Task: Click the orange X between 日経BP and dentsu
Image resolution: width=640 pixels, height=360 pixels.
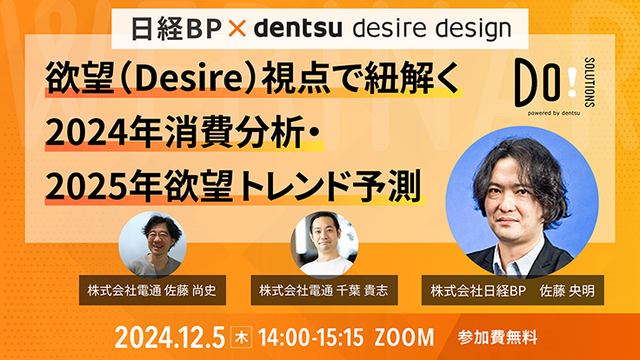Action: click(x=237, y=29)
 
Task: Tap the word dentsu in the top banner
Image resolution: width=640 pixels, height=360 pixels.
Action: click(x=297, y=29)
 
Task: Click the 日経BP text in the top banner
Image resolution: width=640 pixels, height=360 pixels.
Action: click(x=177, y=29)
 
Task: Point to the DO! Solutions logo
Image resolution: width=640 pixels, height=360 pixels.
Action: click(x=555, y=87)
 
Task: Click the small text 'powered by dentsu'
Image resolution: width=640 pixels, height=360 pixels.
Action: click(x=553, y=113)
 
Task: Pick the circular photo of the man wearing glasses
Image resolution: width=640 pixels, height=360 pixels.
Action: click(x=152, y=245)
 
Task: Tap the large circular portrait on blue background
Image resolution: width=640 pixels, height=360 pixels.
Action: click(x=522, y=203)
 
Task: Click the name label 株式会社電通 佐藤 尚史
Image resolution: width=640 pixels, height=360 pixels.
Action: click(x=152, y=290)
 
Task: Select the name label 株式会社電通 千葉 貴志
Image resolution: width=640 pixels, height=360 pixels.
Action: click(x=324, y=290)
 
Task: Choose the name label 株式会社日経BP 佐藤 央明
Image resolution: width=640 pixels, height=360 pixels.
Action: click(x=513, y=290)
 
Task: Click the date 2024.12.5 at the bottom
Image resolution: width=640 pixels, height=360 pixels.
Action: click(x=170, y=337)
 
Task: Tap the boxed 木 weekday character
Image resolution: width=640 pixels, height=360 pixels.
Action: click(x=241, y=337)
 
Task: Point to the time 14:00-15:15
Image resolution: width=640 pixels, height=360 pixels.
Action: click(x=310, y=337)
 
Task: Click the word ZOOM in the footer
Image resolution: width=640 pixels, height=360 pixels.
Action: click(x=404, y=337)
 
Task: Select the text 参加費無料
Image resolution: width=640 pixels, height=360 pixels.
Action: click(x=497, y=337)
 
